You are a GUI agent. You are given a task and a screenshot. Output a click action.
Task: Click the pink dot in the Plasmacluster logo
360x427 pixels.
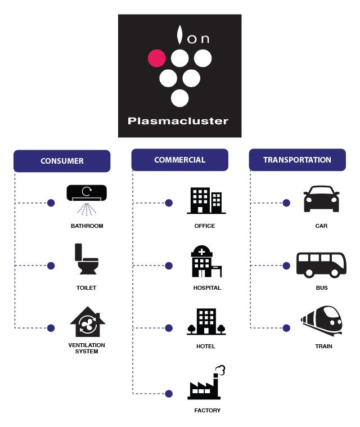[156, 58]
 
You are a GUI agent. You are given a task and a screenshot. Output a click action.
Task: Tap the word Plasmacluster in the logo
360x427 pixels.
[178, 121]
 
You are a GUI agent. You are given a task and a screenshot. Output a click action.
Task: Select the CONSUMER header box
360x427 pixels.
[62, 161]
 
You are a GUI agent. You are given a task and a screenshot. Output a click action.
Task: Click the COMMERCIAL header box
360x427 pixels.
[180, 160]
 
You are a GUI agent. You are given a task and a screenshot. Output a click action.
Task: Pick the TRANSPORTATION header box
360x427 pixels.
[298, 160]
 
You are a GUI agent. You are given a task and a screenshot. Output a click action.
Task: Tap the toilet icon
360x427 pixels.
[87, 259]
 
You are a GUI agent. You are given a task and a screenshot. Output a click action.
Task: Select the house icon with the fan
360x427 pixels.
[87, 322]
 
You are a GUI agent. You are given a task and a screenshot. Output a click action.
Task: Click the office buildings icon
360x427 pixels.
[206, 200]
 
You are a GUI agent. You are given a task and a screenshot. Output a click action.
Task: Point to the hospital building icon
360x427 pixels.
[206, 261]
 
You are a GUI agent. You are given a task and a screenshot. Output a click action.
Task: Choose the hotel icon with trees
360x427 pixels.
[206, 321]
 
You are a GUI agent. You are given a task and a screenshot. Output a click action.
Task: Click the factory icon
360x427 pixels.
[206, 383]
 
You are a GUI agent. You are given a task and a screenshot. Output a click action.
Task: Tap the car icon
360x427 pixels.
[321, 199]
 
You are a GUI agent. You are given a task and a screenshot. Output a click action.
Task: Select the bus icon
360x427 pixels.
[321, 265]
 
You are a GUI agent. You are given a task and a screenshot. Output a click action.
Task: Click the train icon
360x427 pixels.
[322, 320]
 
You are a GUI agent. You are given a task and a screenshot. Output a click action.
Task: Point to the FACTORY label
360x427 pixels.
[207, 410]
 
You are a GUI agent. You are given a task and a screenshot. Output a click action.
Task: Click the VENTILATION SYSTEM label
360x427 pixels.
[87, 348]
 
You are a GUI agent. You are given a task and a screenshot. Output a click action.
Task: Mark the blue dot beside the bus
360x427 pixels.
[286, 266]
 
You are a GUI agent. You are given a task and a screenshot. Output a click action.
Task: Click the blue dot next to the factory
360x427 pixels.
[169, 394]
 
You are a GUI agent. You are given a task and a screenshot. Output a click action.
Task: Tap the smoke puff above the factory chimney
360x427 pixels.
[220, 370]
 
